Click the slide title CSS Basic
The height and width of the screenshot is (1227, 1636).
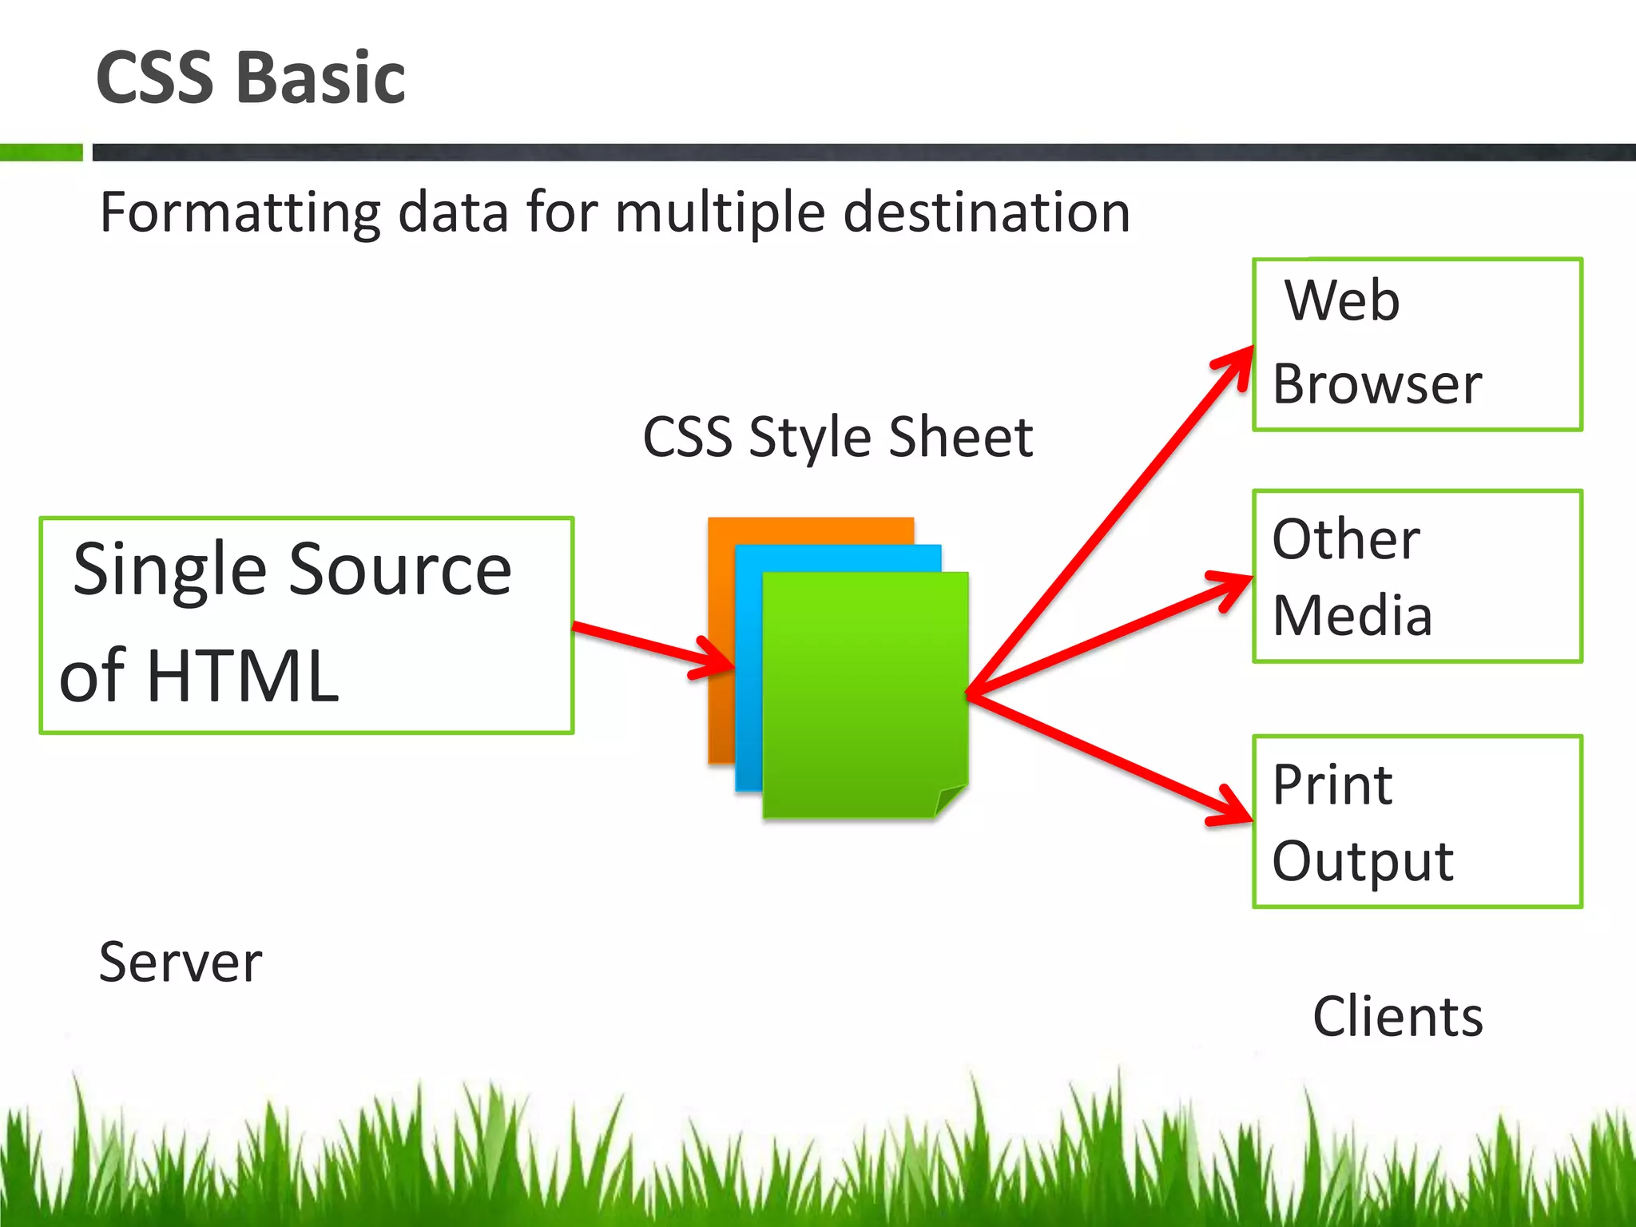coord(250,77)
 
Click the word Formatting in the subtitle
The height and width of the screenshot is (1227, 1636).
coord(240,212)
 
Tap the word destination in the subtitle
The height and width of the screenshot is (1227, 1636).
coord(987,212)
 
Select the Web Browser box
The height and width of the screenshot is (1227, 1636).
coord(1417,344)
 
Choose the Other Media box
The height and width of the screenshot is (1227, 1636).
coord(1417,576)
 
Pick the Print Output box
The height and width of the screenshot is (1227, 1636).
coord(1417,821)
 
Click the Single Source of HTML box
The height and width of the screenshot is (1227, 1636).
coord(307,625)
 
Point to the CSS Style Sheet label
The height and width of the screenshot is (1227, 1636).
coord(838,437)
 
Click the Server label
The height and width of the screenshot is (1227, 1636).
coord(181,962)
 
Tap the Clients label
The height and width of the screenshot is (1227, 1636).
coord(1398,1017)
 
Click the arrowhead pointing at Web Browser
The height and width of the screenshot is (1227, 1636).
coord(1238,363)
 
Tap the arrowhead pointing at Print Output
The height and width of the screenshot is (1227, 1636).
coord(1234,808)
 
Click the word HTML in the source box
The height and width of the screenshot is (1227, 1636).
coord(243,676)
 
